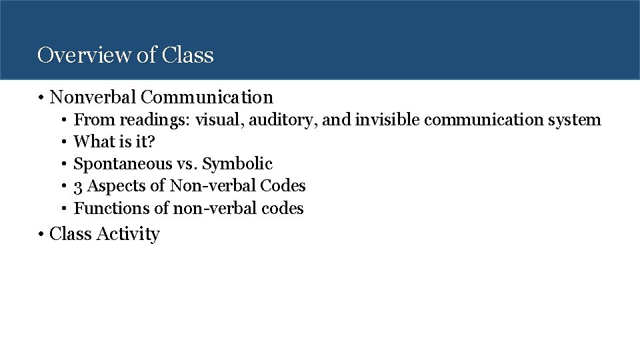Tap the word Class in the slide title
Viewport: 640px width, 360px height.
pyautogui.click(x=187, y=55)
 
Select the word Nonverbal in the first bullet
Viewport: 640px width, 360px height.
pyautogui.click(x=93, y=97)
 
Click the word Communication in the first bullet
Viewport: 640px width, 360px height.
pyautogui.click(x=207, y=97)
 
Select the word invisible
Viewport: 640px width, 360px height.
pyautogui.click(x=387, y=120)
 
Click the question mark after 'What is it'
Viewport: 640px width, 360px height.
pyautogui.click(x=150, y=141)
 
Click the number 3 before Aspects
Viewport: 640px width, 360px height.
pyautogui.click(x=77, y=186)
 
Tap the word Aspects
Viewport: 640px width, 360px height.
pyautogui.click(x=111, y=186)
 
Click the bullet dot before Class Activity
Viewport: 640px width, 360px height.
pyautogui.click(x=41, y=234)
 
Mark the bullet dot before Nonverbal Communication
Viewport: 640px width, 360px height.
pyautogui.click(x=41, y=98)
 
